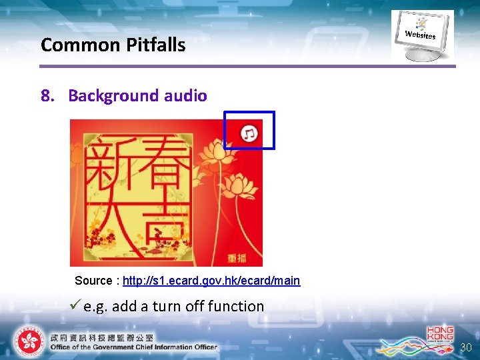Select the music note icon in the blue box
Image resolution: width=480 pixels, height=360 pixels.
249,133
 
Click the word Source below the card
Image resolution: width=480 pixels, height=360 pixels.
95,281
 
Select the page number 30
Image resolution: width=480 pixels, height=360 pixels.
467,348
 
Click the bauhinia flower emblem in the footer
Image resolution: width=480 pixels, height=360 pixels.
28,341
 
